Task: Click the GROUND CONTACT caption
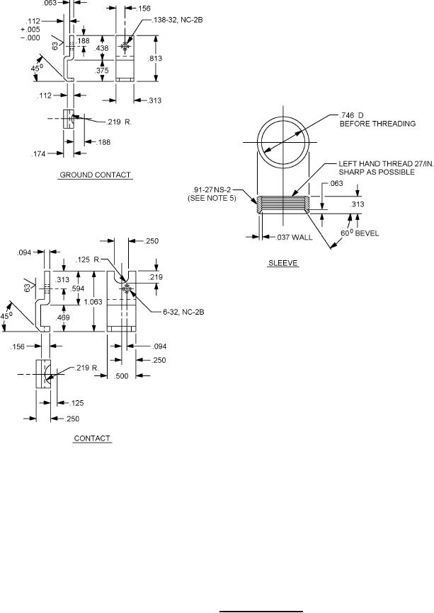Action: (95, 175)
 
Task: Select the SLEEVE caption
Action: (283, 263)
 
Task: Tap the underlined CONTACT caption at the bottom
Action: (92, 438)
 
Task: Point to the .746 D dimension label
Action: (351, 115)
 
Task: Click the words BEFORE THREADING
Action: (377, 124)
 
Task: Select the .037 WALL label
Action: (295, 237)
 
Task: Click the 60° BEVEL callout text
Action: (360, 233)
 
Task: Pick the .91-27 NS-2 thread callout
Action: (212, 190)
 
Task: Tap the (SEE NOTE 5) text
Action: (212, 198)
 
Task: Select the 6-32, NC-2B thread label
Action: (183, 312)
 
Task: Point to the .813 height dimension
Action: (155, 58)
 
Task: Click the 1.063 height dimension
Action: (93, 302)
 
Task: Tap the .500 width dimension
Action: (122, 376)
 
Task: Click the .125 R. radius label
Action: (88, 259)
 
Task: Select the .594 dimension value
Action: (77, 289)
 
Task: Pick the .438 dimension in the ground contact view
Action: (102, 48)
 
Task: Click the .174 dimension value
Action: (39, 154)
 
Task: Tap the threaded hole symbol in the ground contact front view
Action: (125, 47)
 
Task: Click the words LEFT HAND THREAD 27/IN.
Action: (387, 164)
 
